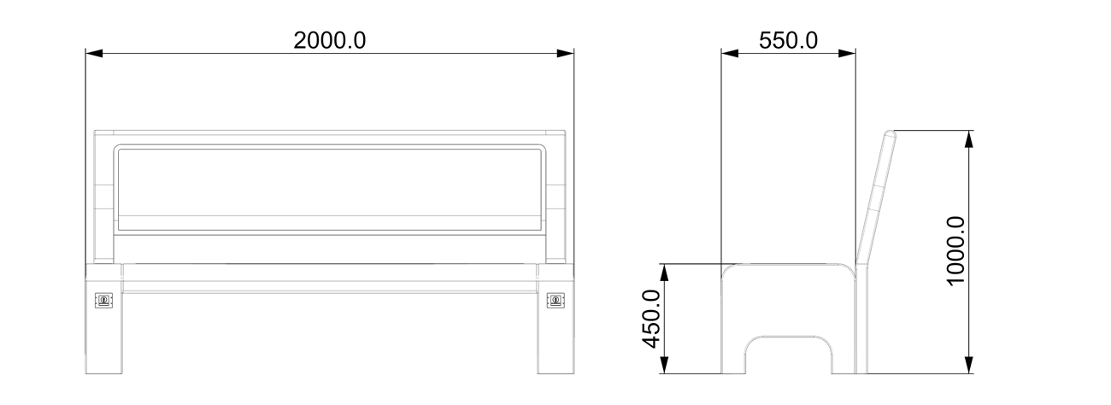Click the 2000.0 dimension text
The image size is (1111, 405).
(x=329, y=41)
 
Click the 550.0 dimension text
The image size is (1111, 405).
(x=788, y=41)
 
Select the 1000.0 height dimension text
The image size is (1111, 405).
(x=956, y=251)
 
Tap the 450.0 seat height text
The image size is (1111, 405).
(x=650, y=319)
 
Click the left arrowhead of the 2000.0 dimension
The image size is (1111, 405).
(x=94, y=54)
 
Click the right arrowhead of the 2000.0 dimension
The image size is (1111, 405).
(x=566, y=54)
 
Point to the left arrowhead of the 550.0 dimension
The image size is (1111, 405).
(x=730, y=54)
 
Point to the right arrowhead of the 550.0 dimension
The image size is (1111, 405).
(x=847, y=54)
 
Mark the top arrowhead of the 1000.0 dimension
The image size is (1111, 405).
(x=968, y=138)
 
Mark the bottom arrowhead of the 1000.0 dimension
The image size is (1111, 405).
(x=968, y=365)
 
